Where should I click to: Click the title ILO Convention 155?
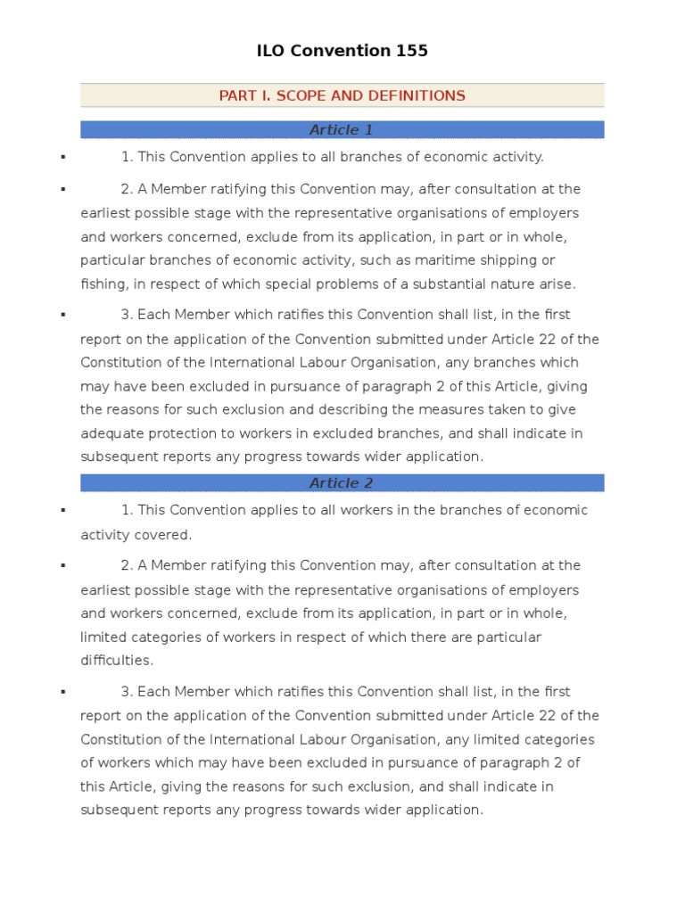342,51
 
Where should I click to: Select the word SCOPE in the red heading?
304,95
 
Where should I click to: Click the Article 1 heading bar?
342,130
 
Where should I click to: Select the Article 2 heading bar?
342,483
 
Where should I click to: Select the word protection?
184,432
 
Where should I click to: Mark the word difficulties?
117,661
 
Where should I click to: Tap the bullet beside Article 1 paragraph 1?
63,157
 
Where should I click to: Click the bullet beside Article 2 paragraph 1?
63,510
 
